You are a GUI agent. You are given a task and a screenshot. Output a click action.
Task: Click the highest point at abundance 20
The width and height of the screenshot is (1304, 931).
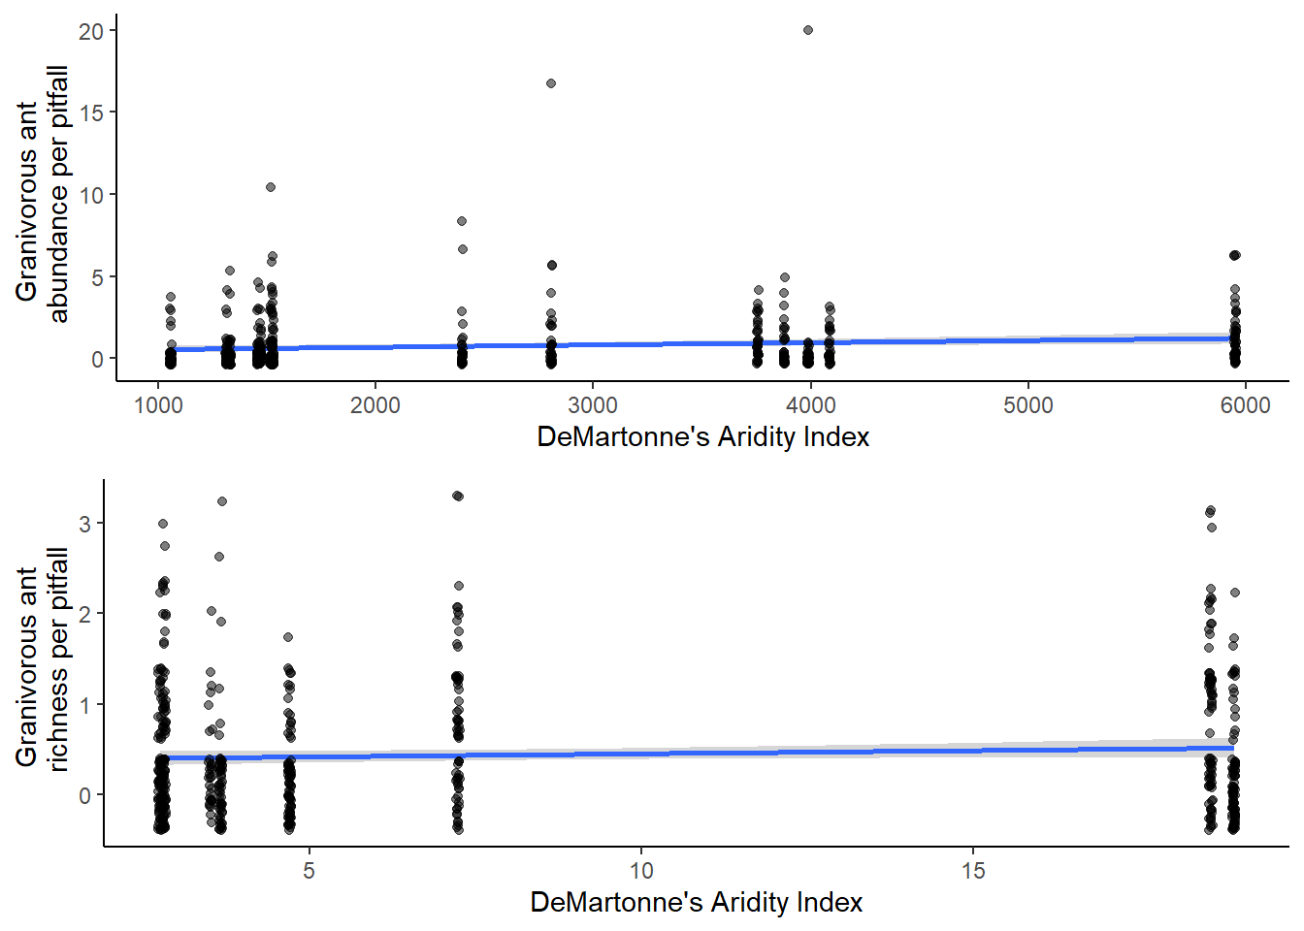[x=808, y=30]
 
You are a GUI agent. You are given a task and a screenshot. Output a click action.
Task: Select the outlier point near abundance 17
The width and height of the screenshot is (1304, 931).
[x=551, y=83]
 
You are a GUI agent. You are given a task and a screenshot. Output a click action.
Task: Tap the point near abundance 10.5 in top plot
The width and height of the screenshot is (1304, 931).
[x=271, y=187]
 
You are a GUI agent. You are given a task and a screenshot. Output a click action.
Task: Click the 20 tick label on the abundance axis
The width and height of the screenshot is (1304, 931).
[x=91, y=31]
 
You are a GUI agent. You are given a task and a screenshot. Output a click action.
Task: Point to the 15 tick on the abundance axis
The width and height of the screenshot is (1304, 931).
[x=91, y=112]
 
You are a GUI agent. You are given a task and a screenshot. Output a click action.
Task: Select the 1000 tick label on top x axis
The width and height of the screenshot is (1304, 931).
[x=158, y=405]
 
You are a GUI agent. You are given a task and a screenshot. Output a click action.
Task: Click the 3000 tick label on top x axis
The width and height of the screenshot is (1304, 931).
[x=593, y=405]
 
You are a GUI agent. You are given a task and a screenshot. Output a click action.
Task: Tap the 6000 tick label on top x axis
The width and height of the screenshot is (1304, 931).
[x=1245, y=405]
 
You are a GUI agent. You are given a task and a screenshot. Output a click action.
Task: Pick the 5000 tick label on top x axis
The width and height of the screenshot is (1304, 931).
[x=1027, y=405]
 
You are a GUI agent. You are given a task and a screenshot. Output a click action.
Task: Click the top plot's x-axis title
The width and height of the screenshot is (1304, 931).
[x=702, y=437]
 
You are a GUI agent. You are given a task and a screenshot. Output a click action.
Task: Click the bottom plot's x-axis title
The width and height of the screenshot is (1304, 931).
[x=696, y=903]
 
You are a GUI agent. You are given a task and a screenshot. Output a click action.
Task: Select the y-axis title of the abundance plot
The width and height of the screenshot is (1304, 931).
[x=42, y=194]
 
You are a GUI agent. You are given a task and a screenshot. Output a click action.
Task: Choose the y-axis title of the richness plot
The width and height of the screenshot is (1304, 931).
[x=42, y=659]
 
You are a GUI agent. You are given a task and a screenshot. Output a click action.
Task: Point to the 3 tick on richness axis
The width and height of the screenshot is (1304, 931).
[x=85, y=524]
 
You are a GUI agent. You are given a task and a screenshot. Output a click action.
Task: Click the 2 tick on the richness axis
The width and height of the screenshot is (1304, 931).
[x=85, y=614]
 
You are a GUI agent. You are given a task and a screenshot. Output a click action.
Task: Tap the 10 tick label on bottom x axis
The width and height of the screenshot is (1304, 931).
[x=641, y=871]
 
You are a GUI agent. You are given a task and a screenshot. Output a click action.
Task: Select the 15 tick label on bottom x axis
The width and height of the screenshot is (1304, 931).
[x=973, y=871]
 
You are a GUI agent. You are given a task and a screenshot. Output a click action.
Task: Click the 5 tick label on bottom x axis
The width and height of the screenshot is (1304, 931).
[x=309, y=871]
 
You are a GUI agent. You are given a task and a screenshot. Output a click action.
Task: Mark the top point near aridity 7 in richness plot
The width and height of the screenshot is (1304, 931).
[x=458, y=496]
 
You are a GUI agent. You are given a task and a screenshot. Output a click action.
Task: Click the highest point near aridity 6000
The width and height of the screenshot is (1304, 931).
[x=1235, y=255]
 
